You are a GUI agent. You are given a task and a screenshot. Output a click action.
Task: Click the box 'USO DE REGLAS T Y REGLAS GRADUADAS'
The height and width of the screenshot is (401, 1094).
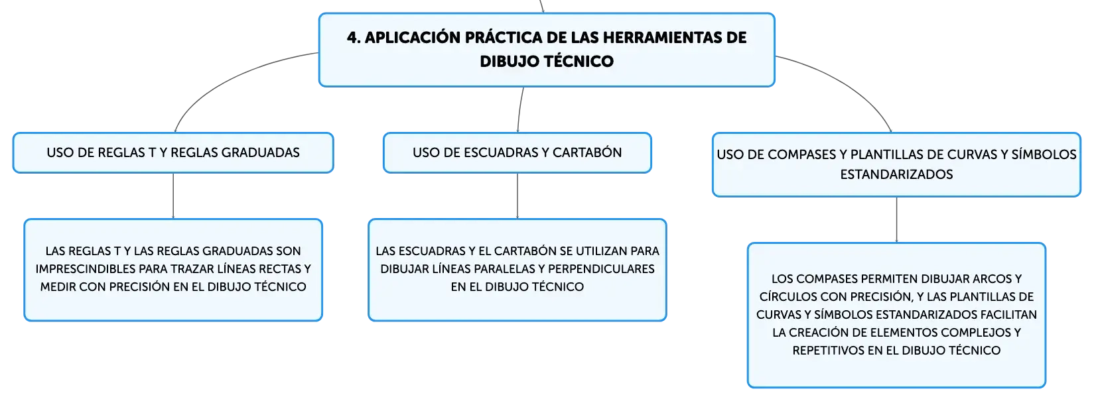click(173, 152)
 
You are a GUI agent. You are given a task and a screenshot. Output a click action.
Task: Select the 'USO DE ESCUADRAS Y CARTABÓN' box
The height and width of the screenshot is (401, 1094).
click(517, 152)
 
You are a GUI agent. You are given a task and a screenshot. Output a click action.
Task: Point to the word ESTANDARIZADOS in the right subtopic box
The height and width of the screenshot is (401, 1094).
click(896, 174)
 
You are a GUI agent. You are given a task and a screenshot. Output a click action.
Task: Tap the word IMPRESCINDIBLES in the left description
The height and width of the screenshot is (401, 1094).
click(86, 269)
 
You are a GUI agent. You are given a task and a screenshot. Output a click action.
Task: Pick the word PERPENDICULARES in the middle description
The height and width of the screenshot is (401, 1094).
click(601, 269)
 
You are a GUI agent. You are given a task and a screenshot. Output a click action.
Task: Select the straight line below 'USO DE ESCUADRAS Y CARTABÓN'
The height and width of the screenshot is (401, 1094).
click(517, 196)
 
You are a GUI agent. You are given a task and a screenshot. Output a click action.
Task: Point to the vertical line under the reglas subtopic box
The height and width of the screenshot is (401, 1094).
click(173, 196)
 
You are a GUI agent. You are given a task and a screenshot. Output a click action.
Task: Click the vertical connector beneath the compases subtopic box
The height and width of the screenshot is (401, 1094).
click(897, 219)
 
